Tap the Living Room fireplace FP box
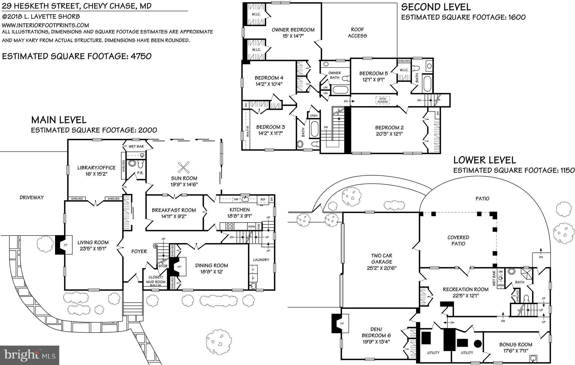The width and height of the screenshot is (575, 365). click(65, 245)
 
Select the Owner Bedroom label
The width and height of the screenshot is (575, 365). click(293, 30)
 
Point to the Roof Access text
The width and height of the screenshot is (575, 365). click(357, 33)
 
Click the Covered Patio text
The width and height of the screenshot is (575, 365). click(458, 241)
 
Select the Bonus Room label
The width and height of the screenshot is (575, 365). click(516, 344)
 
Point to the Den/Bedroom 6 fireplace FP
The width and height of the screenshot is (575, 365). click(342, 323)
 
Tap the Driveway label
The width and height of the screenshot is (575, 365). click(32, 198)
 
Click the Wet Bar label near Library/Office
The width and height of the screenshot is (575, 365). click(136, 146)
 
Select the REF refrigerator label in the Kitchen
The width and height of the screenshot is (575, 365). click(263, 199)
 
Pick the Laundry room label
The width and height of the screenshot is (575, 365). click(261, 260)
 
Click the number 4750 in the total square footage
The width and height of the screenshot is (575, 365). click(141, 56)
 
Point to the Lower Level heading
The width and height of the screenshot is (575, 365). click(484, 160)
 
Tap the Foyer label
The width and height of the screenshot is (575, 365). click(139, 251)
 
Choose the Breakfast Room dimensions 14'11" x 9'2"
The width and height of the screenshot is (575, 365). click(174, 216)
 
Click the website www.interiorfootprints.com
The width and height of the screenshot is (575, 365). click(45, 25)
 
